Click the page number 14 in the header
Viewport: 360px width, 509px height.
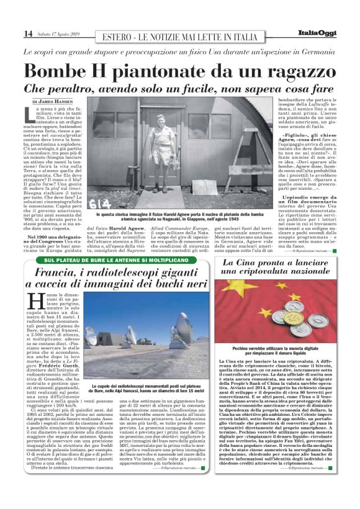point(28,34)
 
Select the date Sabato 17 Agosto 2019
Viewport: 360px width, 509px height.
point(61,34)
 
